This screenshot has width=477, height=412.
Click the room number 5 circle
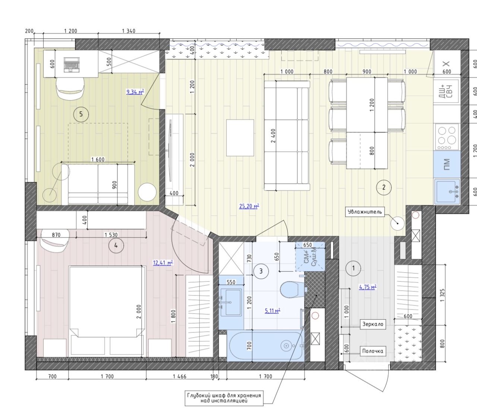(81, 114)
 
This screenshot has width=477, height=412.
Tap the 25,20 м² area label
(249, 206)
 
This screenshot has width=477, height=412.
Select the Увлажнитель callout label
(364, 212)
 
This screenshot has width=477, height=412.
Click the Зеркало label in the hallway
(373, 324)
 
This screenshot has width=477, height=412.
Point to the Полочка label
(372, 351)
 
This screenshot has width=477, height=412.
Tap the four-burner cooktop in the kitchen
(447, 137)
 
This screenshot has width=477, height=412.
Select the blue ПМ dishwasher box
(447, 164)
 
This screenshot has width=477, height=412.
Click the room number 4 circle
(116, 246)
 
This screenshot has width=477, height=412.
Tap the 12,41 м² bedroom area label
(163, 263)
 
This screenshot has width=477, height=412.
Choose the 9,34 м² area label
(135, 92)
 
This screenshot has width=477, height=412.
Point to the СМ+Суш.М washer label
(310, 256)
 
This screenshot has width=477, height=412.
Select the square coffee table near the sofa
(240, 138)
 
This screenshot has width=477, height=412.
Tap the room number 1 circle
(353, 268)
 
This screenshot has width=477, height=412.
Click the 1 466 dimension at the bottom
(180, 376)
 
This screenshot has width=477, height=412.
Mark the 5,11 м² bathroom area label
(272, 311)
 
